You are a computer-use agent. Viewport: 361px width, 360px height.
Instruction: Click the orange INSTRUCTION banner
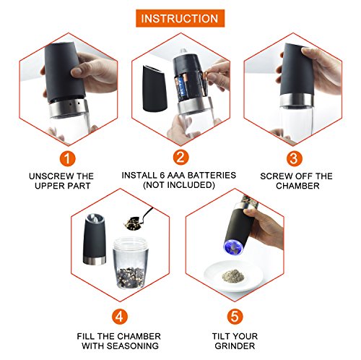coord(180,18)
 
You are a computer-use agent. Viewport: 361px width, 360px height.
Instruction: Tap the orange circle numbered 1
coord(68,158)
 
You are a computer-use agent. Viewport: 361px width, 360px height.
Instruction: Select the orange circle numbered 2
coord(180,158)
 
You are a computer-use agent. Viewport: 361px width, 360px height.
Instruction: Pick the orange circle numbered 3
coord(294,158)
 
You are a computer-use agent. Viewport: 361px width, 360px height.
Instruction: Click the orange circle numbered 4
coord(120,317)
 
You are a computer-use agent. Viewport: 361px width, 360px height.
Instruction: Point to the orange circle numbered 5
coord(235,317)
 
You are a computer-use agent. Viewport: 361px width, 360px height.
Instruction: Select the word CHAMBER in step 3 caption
coord(297,186)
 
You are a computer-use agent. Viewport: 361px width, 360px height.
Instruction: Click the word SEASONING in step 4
coord(133,346)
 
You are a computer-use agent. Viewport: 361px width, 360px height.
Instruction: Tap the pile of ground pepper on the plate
coord(232,276)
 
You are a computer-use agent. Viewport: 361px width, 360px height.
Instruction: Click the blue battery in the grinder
coord(180,90)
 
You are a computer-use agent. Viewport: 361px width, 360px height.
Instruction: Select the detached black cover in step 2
coord(152,89)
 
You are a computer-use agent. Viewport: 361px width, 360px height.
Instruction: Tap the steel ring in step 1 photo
coord(69,108)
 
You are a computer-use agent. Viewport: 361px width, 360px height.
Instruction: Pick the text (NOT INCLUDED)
coord(179,185)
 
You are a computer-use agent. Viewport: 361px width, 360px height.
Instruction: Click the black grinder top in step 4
coord(95,239)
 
